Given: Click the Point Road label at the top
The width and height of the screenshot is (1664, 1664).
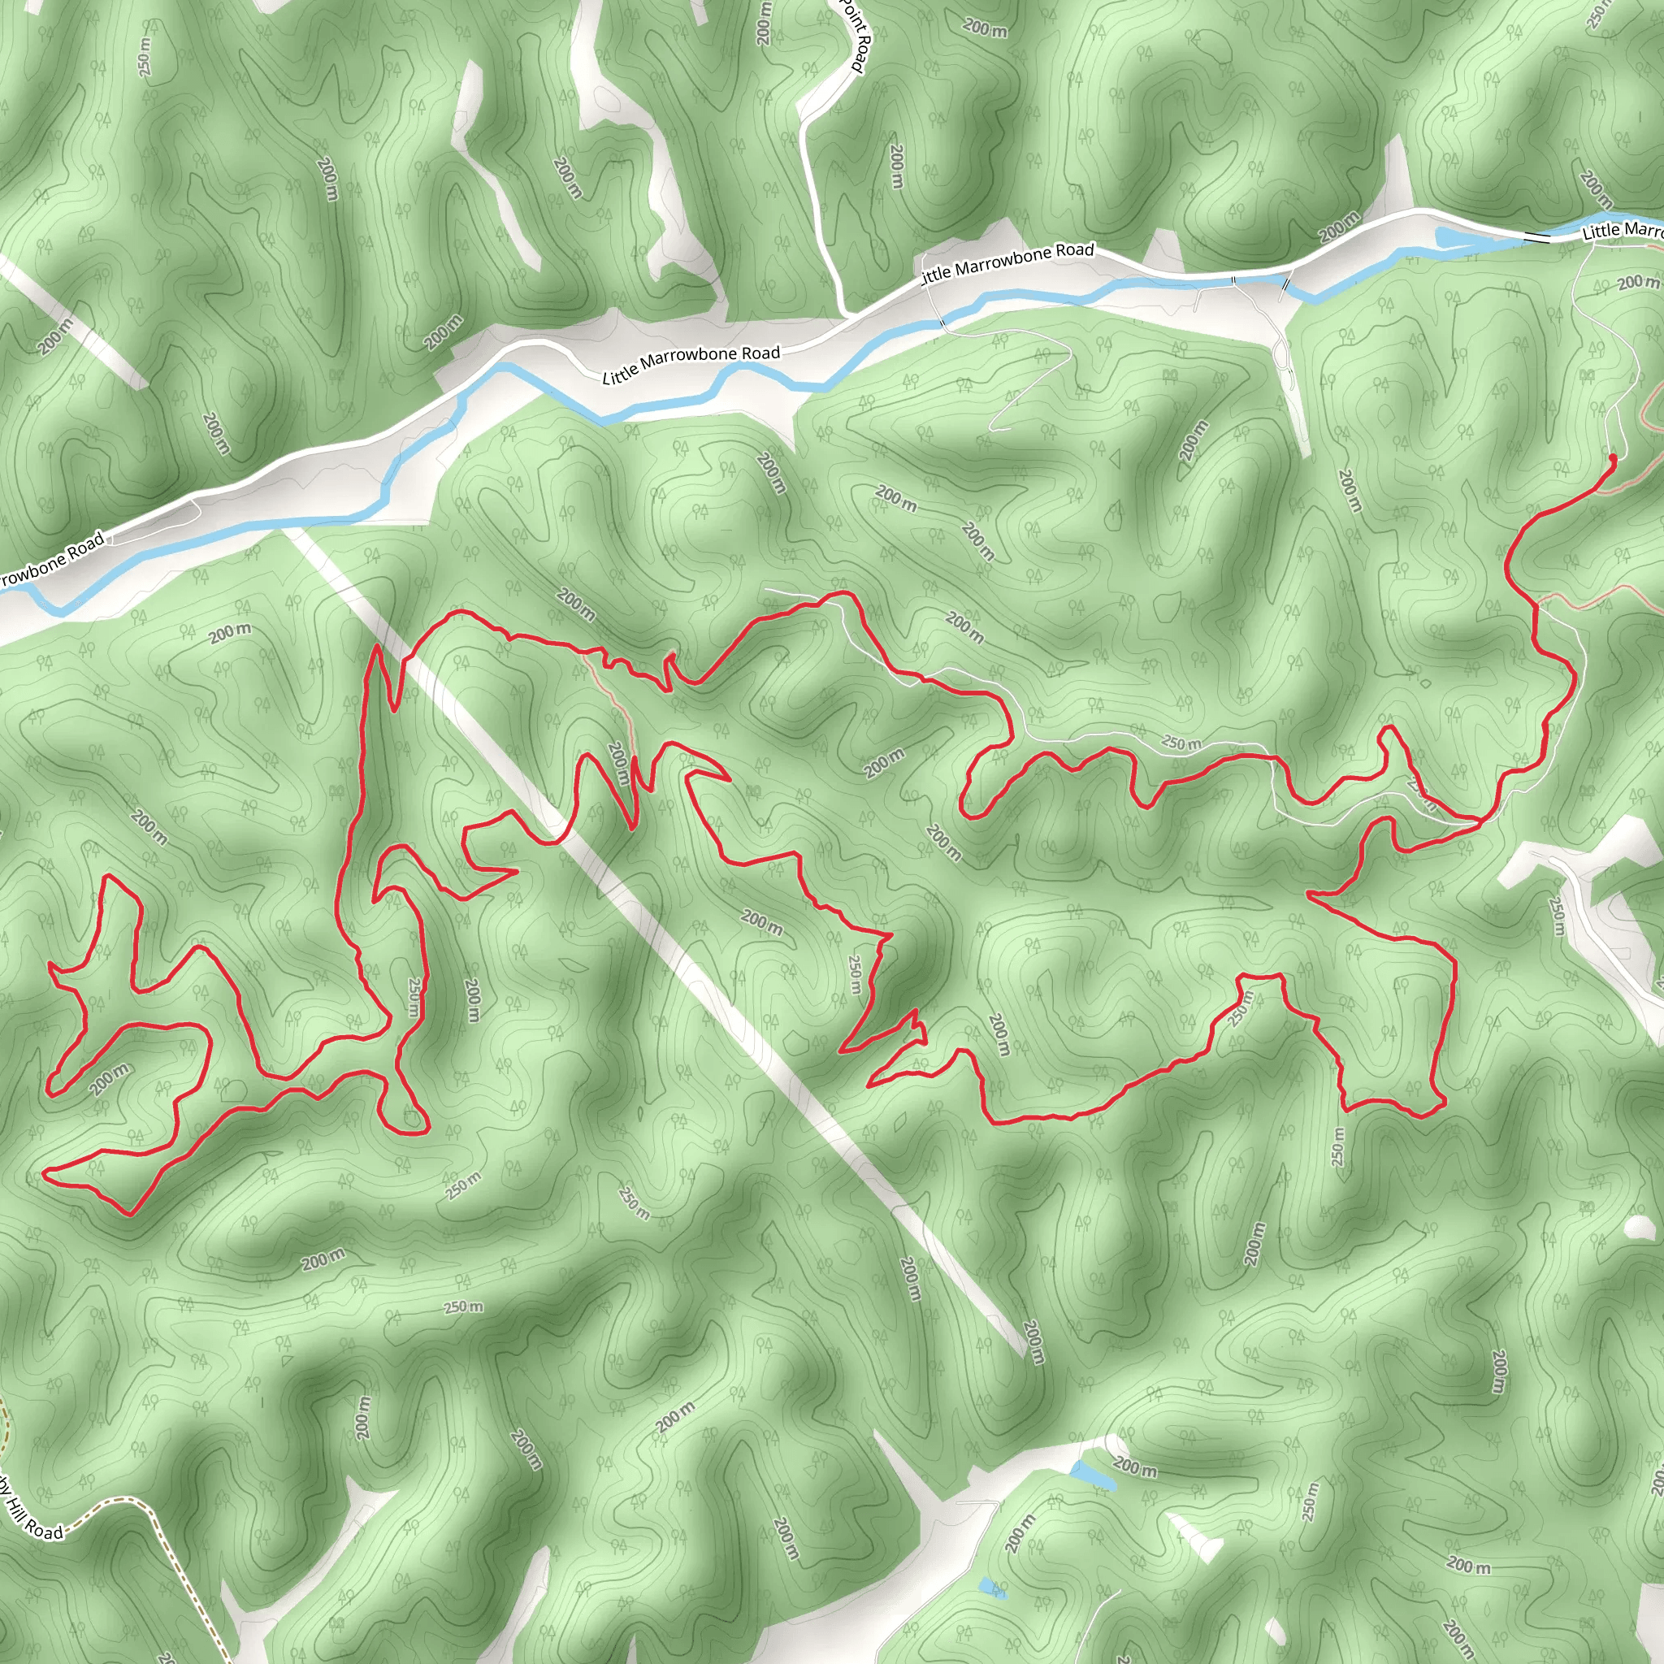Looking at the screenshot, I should pos(858,39).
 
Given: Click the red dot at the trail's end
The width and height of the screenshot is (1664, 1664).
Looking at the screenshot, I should pos(1612,459).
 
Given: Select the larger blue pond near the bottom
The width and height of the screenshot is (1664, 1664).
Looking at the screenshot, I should pos(1093,1472).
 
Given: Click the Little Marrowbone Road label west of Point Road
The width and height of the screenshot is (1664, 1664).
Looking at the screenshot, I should pos(691,363).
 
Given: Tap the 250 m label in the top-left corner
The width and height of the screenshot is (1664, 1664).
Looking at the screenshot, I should pos(144,56).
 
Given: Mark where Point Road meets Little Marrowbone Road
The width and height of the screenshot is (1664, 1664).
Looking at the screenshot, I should pos(844,315).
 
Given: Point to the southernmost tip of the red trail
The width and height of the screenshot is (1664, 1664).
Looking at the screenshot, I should pos(129,1214).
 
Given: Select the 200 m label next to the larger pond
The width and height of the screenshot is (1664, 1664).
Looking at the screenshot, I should pos(1135,1467).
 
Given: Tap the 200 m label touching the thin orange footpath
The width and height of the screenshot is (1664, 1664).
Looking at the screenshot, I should pos(618,763).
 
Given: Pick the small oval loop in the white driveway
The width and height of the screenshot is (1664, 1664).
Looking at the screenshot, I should pos(1280,354).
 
